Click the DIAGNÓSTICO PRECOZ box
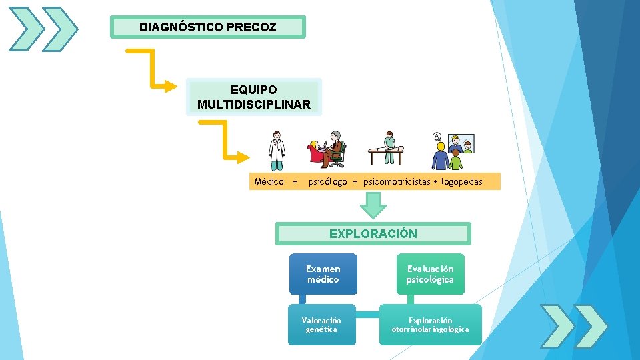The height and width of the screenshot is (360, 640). coord(207,27)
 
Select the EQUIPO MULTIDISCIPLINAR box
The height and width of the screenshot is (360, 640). coord(253,97)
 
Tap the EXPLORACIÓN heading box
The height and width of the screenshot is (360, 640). coord(373,233)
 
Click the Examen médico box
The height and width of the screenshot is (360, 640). coord(323,274)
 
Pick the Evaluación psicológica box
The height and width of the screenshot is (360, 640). coord(430,274)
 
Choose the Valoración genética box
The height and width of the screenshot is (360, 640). coord(321,325)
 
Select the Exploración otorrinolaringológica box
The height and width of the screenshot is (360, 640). coord(430,325)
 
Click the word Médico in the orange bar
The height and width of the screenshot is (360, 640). coord(269,181)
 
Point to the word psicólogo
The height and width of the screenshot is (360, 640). coord(327,181)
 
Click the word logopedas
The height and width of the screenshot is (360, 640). coord(461,181)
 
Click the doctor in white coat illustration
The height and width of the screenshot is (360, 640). coord(276,151)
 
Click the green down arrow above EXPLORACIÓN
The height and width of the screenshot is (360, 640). coord(373,205)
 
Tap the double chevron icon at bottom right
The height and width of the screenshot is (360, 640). coord(574,326)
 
